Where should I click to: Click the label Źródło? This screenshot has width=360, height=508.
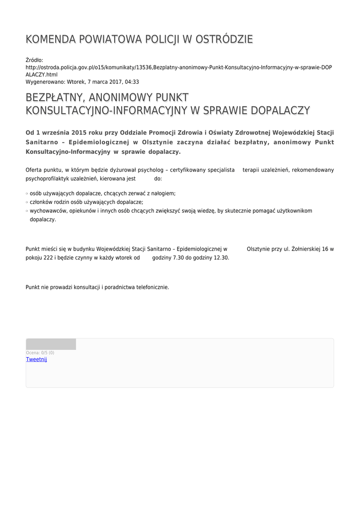coord(34,60)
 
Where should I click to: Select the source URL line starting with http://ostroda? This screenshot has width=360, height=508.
coord(179,67)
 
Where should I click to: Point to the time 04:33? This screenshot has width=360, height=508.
coord(133,82)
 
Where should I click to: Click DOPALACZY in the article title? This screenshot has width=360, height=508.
coord(281,111)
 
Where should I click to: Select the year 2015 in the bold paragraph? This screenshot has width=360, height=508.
coord(80,133)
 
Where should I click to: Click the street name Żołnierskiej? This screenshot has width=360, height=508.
coord(306,249)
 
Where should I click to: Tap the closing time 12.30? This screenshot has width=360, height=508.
coord(221,258)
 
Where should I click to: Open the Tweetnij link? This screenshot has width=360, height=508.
coord(36,359)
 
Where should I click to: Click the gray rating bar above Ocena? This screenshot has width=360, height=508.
coord(51,344)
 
